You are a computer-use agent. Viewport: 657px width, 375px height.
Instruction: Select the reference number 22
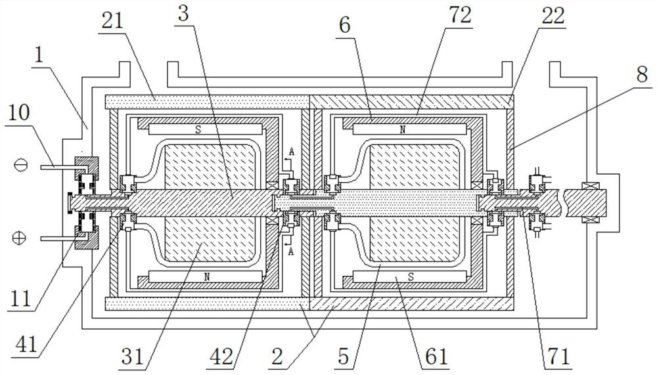tap(553, 16)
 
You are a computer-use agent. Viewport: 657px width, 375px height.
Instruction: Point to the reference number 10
tap(19, 114)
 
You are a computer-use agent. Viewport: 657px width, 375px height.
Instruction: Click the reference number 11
tap(20, 298)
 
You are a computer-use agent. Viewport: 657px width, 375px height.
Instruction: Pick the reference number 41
tap(26, 345)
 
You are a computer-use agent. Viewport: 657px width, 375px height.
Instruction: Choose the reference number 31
tap(133, 357)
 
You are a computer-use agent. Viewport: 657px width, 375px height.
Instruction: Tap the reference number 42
tap(221, 357)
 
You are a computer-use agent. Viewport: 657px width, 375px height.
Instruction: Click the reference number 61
tap(437, 357)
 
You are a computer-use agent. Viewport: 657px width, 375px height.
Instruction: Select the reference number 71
tap(559, 357)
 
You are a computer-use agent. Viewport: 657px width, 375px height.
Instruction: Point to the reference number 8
tap(642, 75)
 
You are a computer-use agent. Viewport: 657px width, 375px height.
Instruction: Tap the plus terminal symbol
tap(19, 238)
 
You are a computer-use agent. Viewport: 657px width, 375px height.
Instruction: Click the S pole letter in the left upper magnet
tap(198, 129)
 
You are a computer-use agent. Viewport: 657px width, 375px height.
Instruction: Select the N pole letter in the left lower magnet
tap(206, 276)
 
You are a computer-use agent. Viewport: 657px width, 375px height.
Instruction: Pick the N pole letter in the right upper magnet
tap(403, 129)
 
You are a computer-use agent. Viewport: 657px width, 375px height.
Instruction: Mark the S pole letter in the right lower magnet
tap(411, 276)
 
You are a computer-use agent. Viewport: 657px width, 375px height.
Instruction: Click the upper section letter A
tap(292, 152)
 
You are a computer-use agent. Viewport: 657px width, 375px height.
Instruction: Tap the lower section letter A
tap(291, 252)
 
